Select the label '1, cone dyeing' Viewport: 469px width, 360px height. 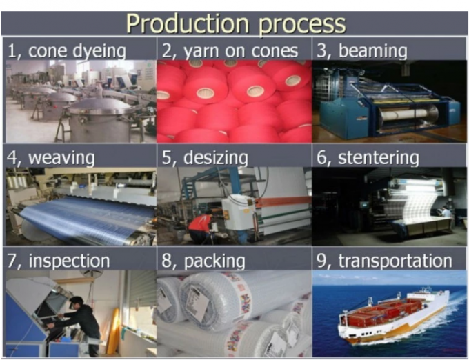66,51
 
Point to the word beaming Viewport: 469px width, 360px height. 372,51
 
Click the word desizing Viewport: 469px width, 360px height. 216,157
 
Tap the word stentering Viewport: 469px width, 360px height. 379,157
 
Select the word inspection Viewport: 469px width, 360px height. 70,261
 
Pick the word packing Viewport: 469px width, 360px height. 214,261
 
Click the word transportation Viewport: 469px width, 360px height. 395,261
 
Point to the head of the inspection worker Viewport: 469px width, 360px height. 77,302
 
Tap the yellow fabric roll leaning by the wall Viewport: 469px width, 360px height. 113,331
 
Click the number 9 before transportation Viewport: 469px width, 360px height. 321,261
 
